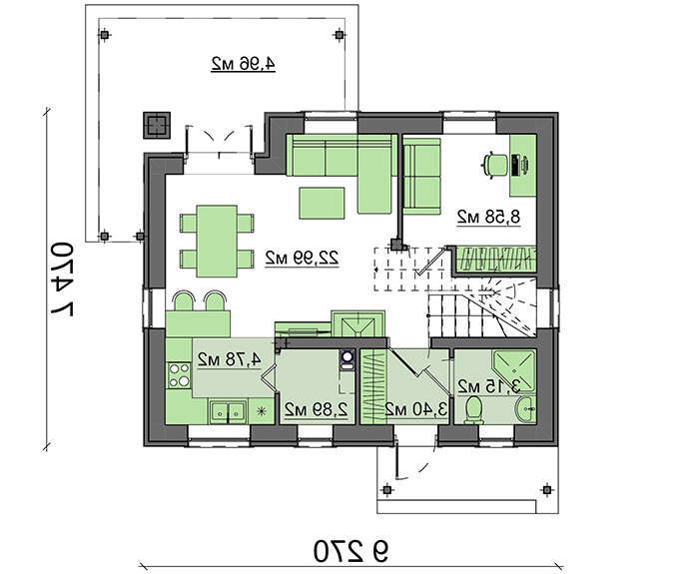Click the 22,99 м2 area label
[x=302, y=258]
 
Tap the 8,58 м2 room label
[x=488, y=217]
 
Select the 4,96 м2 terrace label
[x=243, y=64]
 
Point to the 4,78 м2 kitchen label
[x=229, y=359]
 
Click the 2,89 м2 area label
[x=317, y=409]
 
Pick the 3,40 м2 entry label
[x=416, y=409]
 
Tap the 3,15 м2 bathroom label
[x=489, y=386]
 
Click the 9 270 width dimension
[x=350, y=551]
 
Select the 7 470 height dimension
[x=62, y=279]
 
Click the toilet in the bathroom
[x=473, y=410]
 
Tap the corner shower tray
[x=514, y=370]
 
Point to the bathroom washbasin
[x=526, y=408]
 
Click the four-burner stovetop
[x=179, y=375]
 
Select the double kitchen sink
[x=228, y=412]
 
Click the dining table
[x=217, y=241]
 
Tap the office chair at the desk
[x=495, y=165]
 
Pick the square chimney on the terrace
[x=157, y=125]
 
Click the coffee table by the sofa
[x=322, y=204]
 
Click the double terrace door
[x=219, y=141]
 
